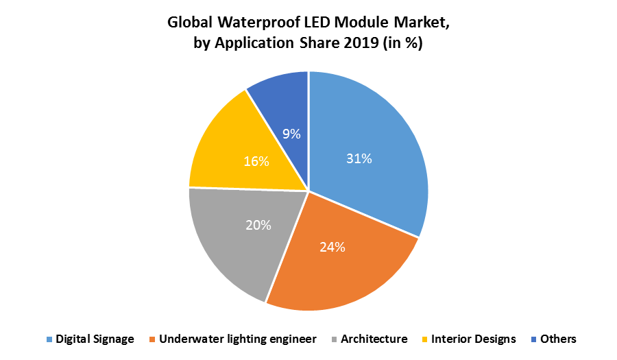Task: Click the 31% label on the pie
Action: coord(359,158)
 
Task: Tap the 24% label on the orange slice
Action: coord(332,247)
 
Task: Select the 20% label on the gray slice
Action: coord(258,225)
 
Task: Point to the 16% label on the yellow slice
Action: coord(256,162)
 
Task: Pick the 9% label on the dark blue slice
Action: coord(291,134)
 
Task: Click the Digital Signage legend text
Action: coord(95,339)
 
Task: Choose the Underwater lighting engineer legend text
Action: coord(238,339)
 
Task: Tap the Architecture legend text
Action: coord(374,339)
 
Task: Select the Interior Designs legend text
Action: coord(474,339)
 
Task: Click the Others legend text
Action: coord(558,339)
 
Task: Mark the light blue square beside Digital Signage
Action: coord(50,339)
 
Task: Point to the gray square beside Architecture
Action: coord(335,339)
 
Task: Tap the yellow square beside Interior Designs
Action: coord(426,339)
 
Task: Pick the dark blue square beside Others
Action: coord(534,339)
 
